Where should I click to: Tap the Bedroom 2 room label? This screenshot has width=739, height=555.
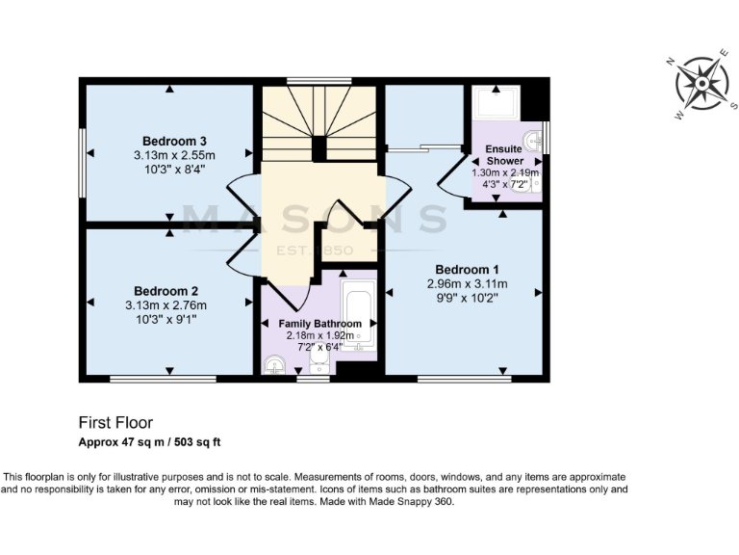pos(166,291)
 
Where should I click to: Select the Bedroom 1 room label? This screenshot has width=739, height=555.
pos(467,269)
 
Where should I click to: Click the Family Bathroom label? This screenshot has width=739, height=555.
pos(320,324)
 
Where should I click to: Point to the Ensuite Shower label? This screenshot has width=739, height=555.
pos(504,155)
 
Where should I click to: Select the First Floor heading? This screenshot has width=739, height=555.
pos(115,422)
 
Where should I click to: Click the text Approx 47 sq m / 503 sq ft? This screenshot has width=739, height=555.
pos(149,442)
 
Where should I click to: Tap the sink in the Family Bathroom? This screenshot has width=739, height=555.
pos(273,365)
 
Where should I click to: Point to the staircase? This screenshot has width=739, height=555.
pos(319,122)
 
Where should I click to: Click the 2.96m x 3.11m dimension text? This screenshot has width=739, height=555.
pos(467,284)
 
